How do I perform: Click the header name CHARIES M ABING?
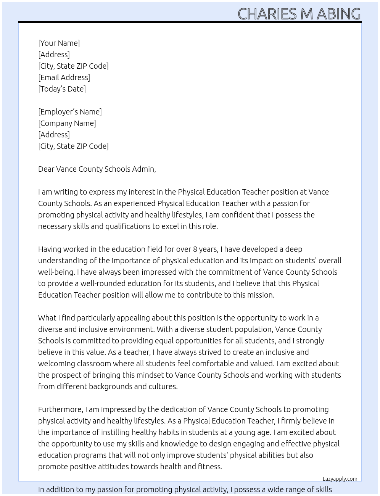coord(299,14)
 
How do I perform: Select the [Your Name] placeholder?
coord(59,43)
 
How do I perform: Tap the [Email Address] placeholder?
coord(64,77)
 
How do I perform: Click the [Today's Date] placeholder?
coord(62,89)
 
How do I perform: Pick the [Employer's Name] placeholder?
coord(70,112)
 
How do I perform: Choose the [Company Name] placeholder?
coord(67,123)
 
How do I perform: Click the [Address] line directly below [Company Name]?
coord(54,135)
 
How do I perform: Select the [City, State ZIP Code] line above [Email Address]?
coord(73,66)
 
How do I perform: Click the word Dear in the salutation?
coord(46,169)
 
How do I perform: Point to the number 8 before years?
coord(195,249)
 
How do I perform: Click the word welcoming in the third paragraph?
coord(55,364)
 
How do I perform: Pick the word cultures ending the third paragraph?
coord(163,386)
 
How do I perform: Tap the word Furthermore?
coord(60,409)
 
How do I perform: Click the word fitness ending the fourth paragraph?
coord(209,467)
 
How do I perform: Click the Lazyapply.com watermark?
coord(340,479)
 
